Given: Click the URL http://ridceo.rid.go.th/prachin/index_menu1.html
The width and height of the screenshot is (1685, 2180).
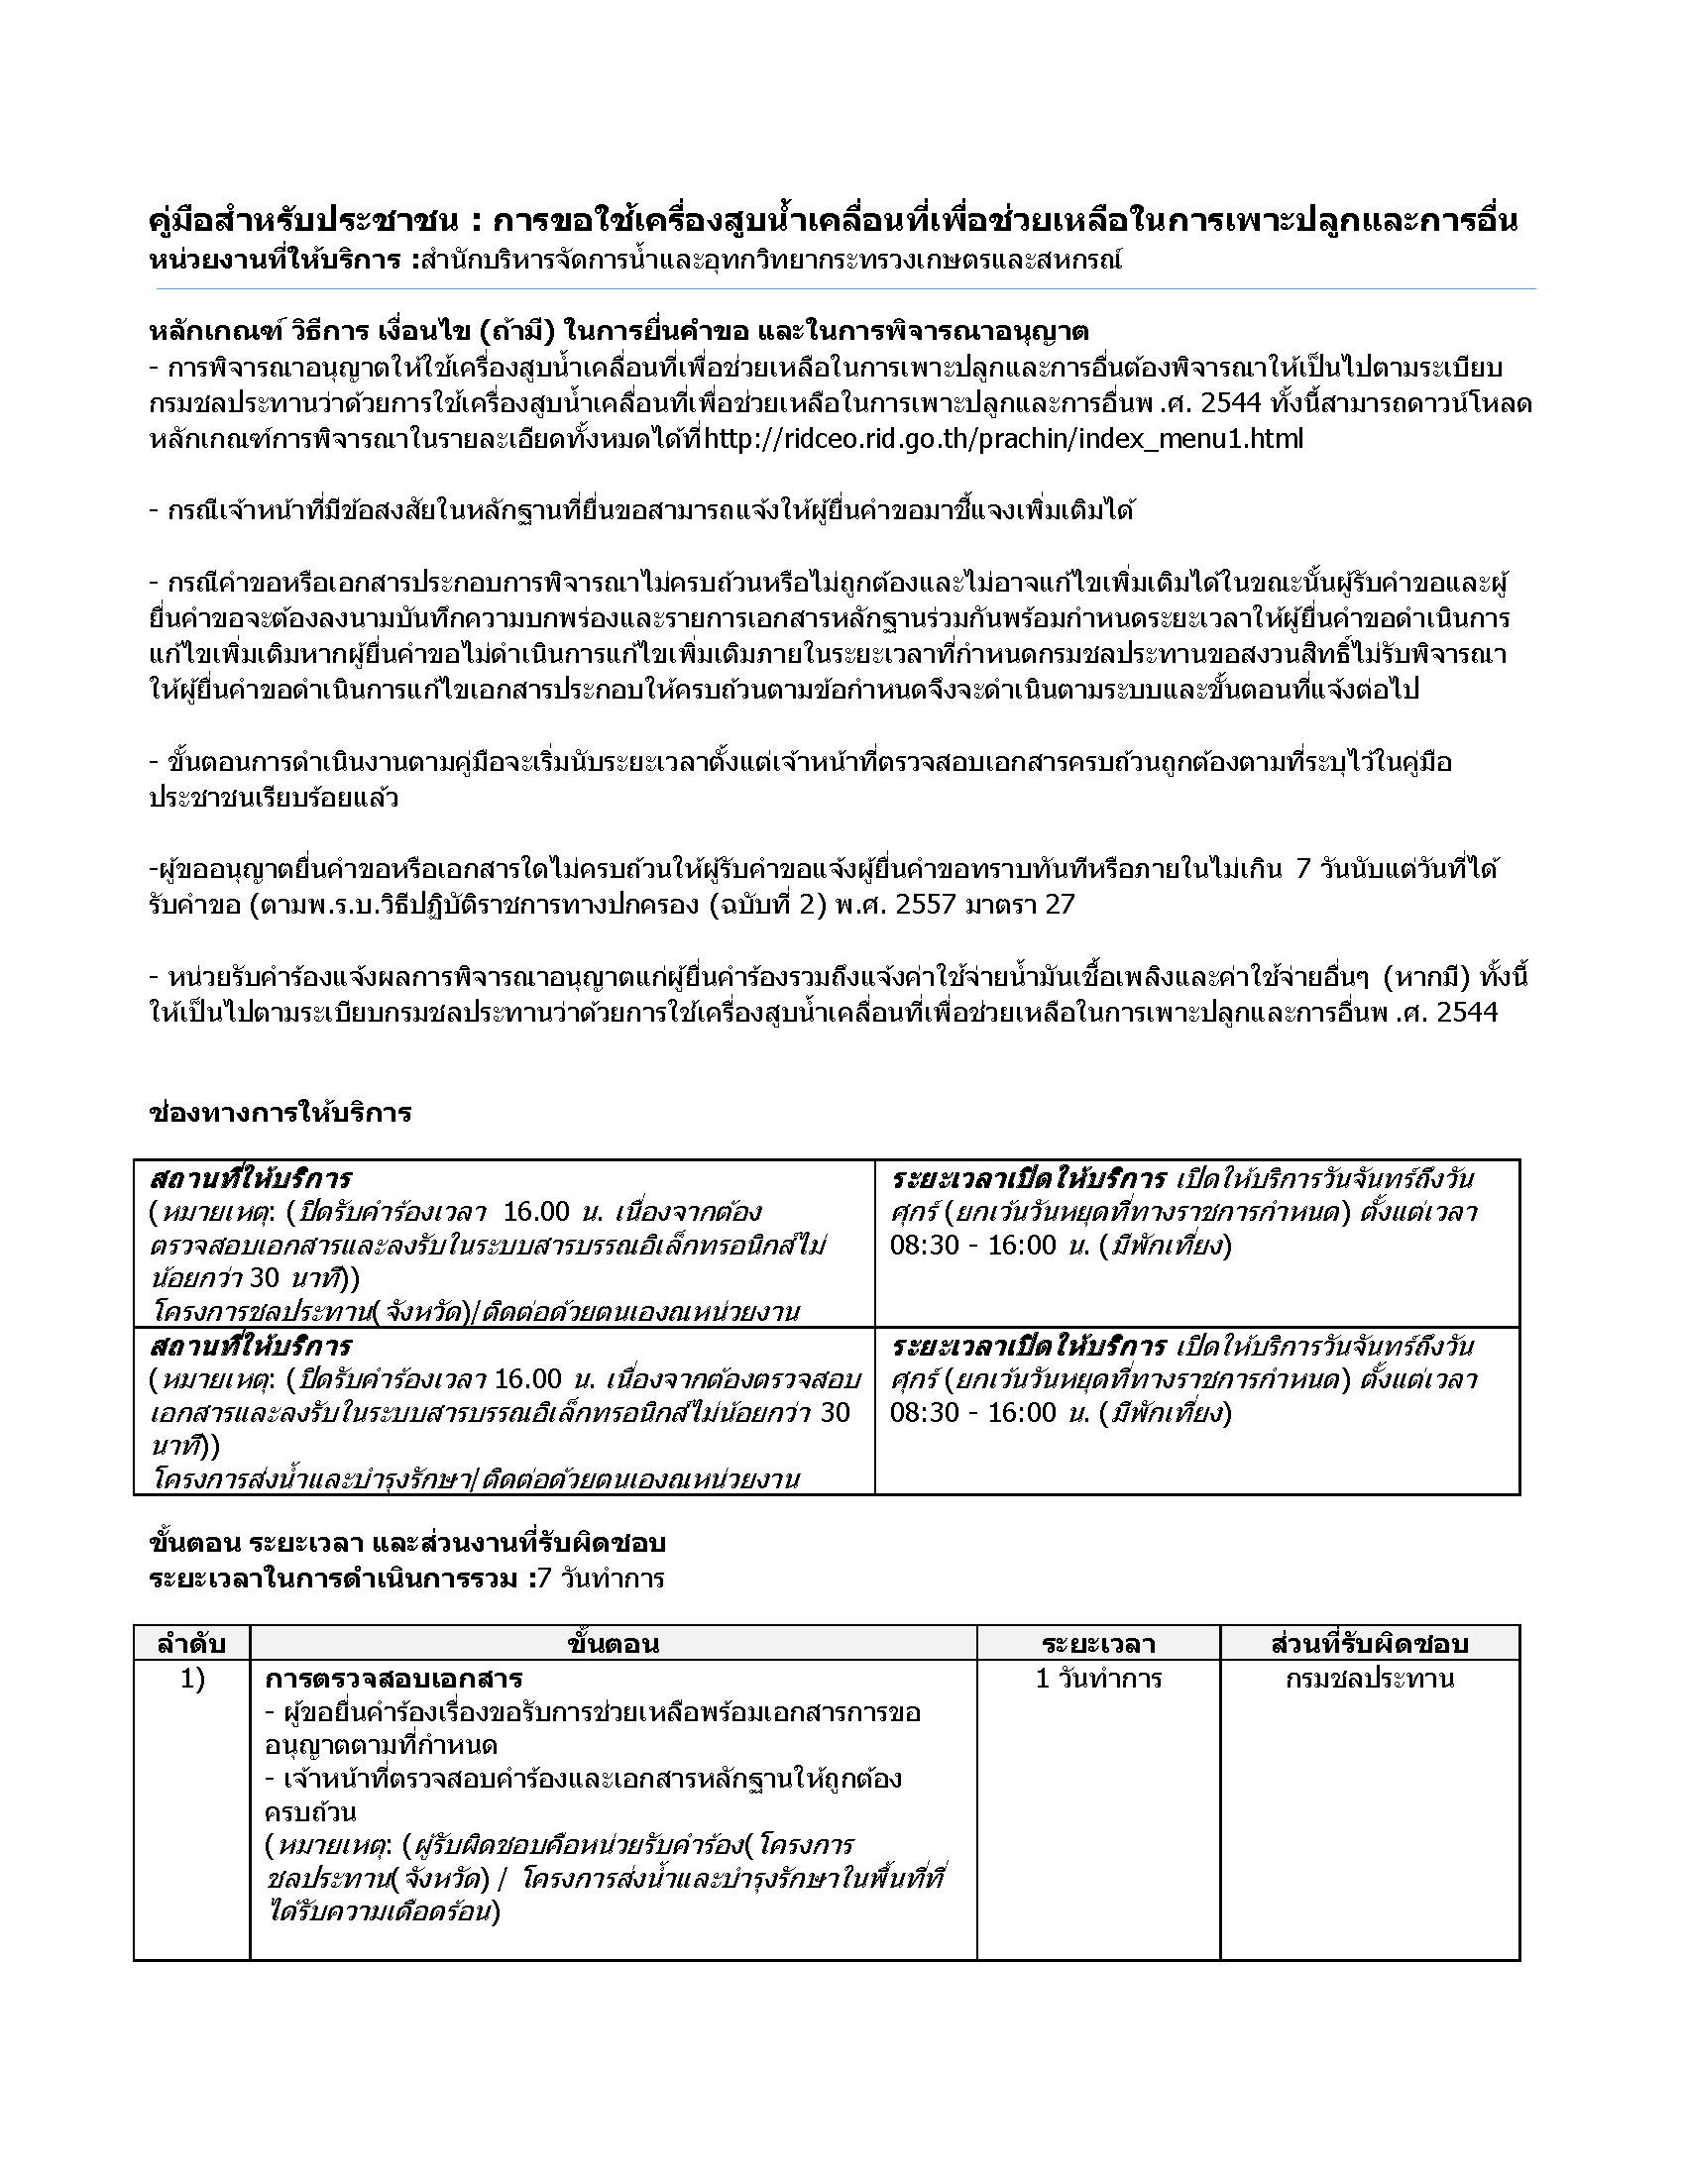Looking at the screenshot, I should pos(1003,439).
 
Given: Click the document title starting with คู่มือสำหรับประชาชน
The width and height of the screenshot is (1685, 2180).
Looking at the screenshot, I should pos(833,221).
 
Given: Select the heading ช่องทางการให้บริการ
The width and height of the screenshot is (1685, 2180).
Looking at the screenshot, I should pos(281,1113).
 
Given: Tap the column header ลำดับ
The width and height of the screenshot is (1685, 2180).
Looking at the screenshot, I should pos(191,1643).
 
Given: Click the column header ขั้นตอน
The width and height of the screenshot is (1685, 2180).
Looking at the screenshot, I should pos(612,1643).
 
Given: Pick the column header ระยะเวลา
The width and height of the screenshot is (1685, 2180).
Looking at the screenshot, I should pos(1098,1643).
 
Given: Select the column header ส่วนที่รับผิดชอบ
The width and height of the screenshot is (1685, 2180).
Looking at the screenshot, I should pos(1370,1643).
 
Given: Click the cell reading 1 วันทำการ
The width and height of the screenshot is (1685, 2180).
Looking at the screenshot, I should pos(1098,1679).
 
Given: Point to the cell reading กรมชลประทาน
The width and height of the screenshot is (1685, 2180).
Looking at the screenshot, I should pos(1370,1679).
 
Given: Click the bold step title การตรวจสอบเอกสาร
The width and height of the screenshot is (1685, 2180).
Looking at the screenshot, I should pos(394,1678).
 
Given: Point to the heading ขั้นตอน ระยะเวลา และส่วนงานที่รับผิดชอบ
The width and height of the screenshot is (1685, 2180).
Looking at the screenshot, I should pos(406,1543).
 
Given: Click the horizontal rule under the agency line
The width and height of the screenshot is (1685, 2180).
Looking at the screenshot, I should pos(845,289).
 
